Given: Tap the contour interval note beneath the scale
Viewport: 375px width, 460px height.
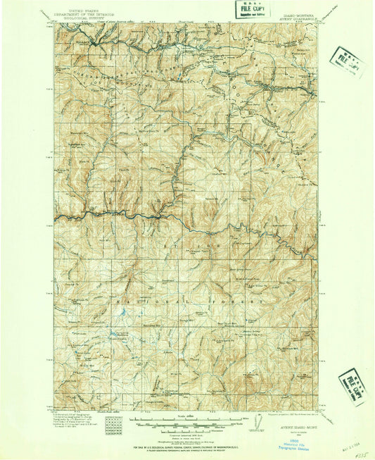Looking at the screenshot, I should point(184,430).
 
